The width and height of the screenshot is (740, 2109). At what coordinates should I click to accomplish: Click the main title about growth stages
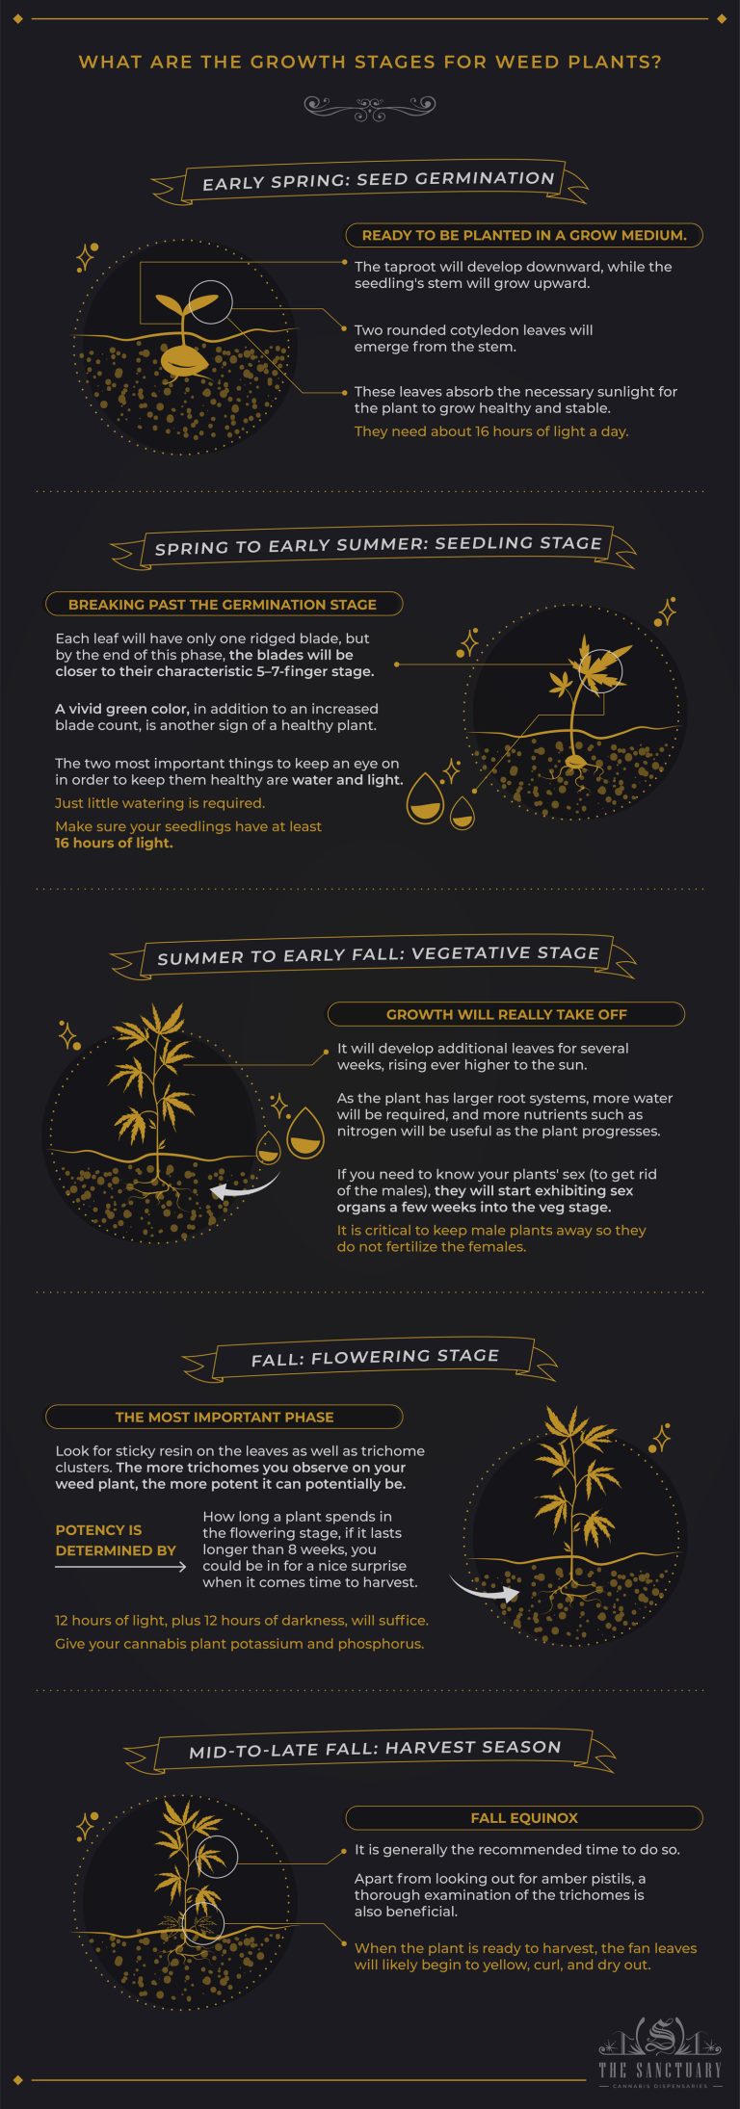point(370,63)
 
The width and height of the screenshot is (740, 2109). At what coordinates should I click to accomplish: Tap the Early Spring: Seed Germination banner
point(379,180)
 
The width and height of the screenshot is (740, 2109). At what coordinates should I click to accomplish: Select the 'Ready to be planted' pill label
point(523,235)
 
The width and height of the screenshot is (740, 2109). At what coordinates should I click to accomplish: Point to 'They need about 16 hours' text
point(490,431)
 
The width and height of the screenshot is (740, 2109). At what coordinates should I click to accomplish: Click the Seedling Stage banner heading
point(378,545)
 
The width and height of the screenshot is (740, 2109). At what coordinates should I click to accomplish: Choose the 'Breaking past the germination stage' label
point(223,605)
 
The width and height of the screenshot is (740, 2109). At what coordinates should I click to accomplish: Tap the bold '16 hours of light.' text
point(114,844)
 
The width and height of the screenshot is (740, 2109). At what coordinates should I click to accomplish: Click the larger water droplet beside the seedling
point(425,799)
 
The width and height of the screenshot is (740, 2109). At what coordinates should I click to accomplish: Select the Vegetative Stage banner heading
point(378,955)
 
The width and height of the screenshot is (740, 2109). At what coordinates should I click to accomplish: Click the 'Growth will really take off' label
point(506,1014)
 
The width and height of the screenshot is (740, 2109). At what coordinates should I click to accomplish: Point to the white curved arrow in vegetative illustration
point(242,1189)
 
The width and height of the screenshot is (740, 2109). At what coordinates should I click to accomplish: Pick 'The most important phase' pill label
point(224,1417)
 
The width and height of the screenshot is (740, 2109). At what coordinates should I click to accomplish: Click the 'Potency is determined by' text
point(116,1540)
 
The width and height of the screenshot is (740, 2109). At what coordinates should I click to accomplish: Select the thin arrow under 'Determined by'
point(120,1568)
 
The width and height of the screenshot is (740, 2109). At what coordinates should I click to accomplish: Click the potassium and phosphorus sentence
point(239,1643)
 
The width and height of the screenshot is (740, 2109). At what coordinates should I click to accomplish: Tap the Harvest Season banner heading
point(375,1749)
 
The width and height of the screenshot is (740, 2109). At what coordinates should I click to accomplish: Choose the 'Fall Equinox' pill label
point(523,1818)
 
